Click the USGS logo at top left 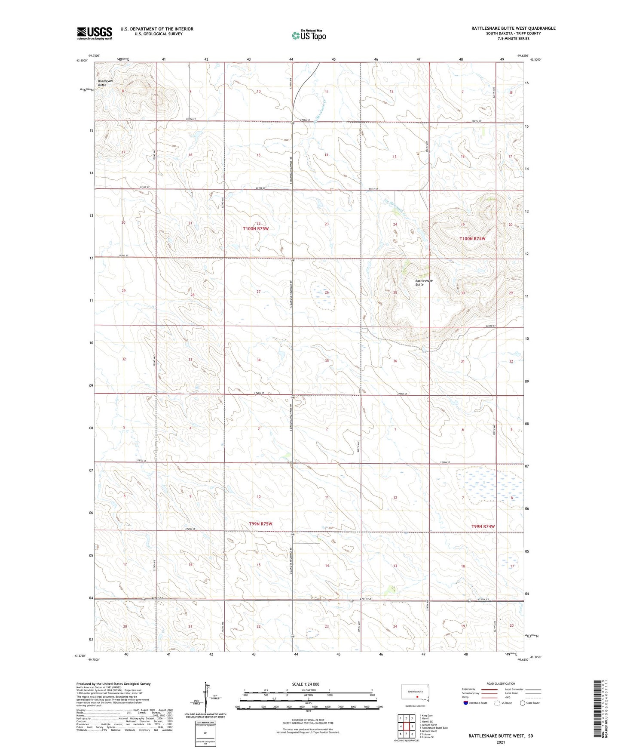[95, 33]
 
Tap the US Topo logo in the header [309, 35]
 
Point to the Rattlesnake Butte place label [423, 282]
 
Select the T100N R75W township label [256, 229]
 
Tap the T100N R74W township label [472, 238]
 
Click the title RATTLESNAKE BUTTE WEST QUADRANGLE [513, 28]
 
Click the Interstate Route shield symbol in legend [466, 703]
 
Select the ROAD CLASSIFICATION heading [501, 683]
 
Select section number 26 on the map [327, 292]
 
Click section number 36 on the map [395, 361]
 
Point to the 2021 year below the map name [500, 742]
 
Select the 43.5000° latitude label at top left [82, 61]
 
